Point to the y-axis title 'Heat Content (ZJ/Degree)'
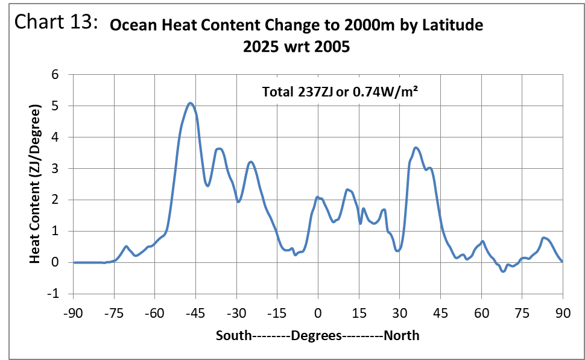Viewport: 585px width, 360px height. click(x=36, y=185)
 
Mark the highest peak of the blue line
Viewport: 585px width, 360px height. click(x=190, y=103)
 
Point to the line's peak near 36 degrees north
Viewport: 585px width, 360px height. click(x=416, y=148)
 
